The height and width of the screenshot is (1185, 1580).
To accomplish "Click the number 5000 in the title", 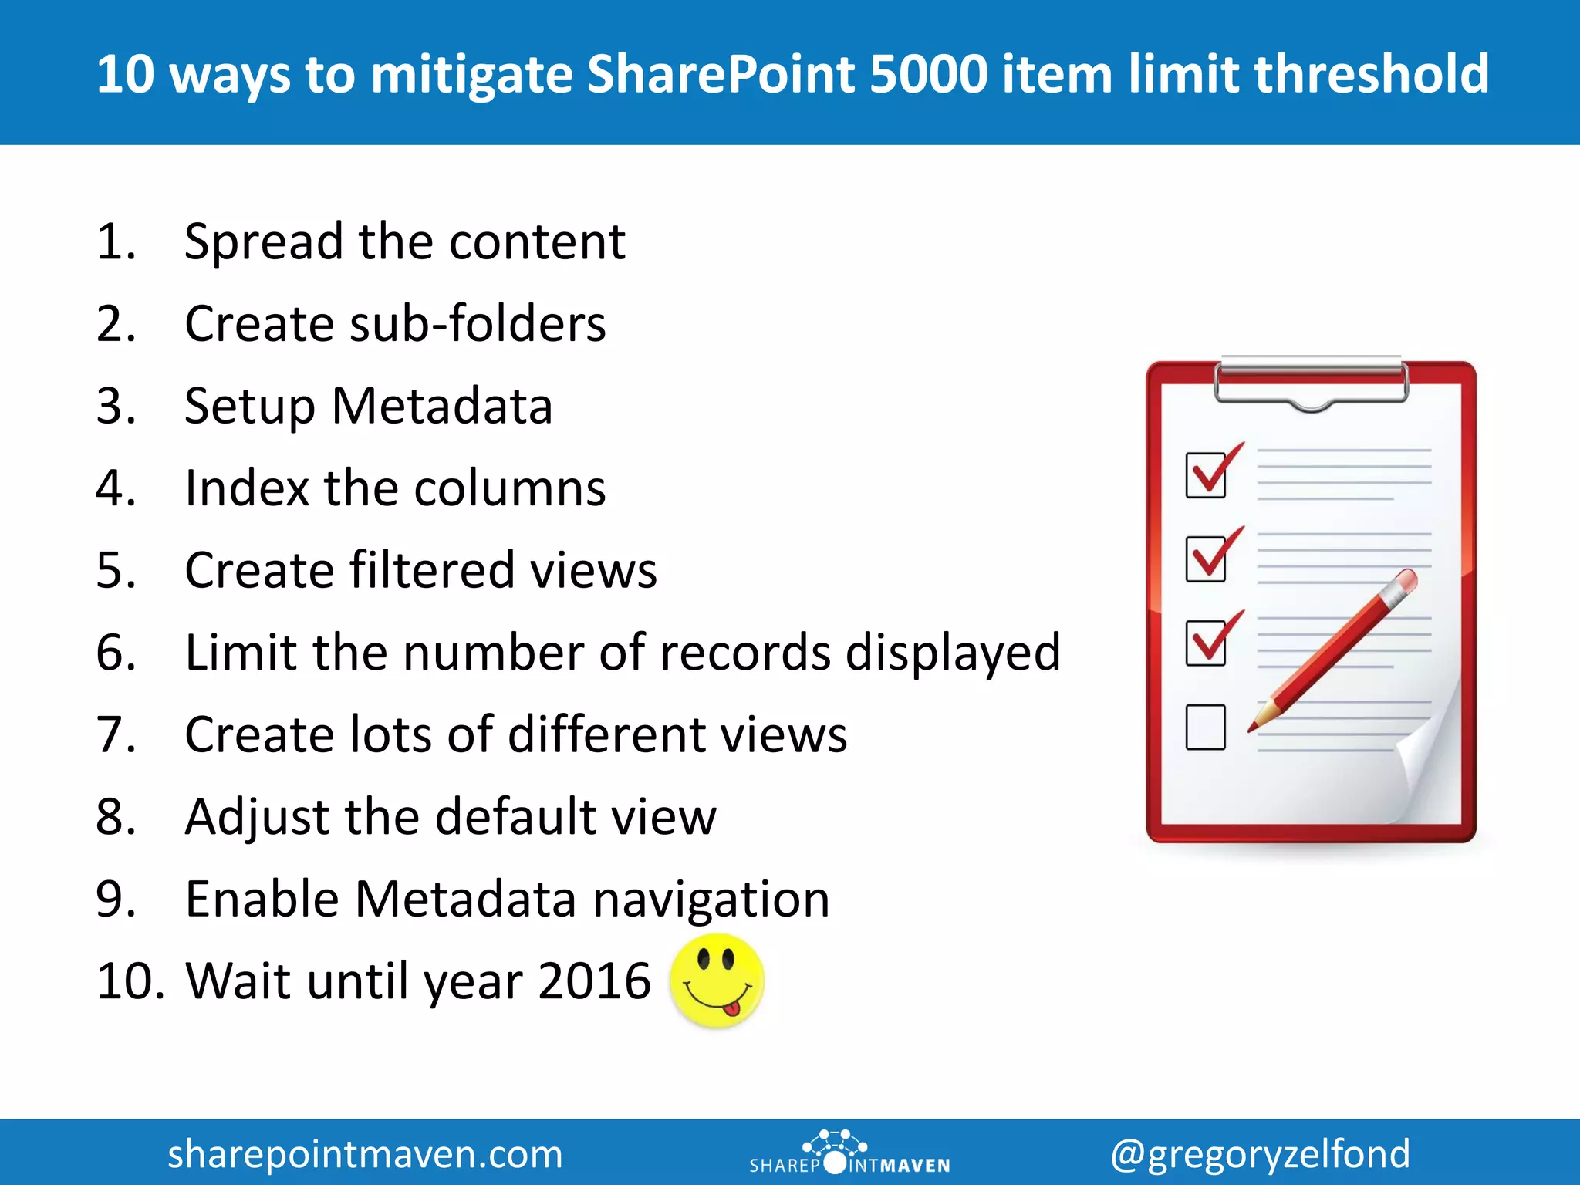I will (928, 74).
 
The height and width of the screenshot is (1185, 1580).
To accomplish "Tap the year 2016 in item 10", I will (595, 981).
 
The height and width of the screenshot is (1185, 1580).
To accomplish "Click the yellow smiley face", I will (717, 981).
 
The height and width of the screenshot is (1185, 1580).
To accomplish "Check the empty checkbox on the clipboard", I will (1205, 727).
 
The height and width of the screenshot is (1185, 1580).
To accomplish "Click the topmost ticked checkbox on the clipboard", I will (1206, 475).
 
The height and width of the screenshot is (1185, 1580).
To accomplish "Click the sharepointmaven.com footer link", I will (365, 1154).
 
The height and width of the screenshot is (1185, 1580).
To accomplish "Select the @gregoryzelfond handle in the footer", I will (1260, 1154).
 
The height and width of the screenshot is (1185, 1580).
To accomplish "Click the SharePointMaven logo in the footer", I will (849, 1153).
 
